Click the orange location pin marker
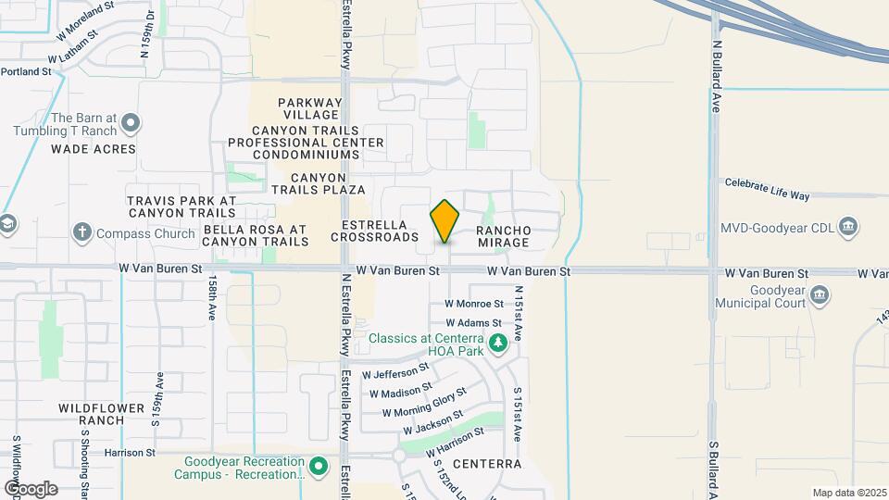445,221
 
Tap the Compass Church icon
82,232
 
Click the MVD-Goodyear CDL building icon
848,227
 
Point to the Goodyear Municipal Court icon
819,296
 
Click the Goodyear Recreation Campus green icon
319,465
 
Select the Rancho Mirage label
503,236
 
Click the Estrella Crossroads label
380,231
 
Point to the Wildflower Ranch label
102,414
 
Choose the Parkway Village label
309,108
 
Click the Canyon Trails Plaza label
319,182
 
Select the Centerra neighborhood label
488,463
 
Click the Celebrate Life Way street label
767,190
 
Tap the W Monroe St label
473,303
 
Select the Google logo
31,488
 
